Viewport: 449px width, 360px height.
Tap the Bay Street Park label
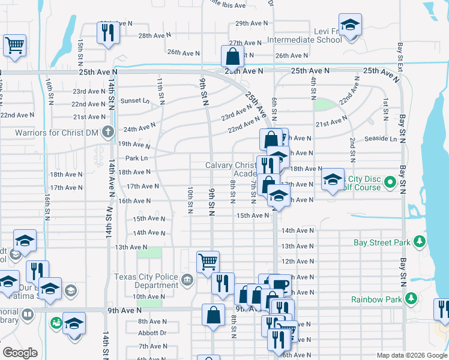pyautogui.click(x=382, y=242)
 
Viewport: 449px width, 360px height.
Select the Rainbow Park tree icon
pyautogui.click(x=411, y=299)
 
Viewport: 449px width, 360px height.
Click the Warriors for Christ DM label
pyautogui.click(x=55, y=132)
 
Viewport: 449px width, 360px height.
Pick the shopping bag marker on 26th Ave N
pyautogui.click(x=232, y=56)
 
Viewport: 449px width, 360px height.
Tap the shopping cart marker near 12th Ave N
pyautogui.click(x=207, y=262)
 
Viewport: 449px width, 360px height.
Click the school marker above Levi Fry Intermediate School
pyautogui.click(x=349, y=25)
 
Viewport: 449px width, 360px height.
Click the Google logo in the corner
pyautogui.click(x=20, y=353)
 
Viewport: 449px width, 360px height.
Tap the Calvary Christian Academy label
pyautogui.click(x=234, y=169)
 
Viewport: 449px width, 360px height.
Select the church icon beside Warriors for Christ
pyautogui.click(x=108, y=132)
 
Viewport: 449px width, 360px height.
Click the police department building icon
pyautogui.click(x=187, y=278)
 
